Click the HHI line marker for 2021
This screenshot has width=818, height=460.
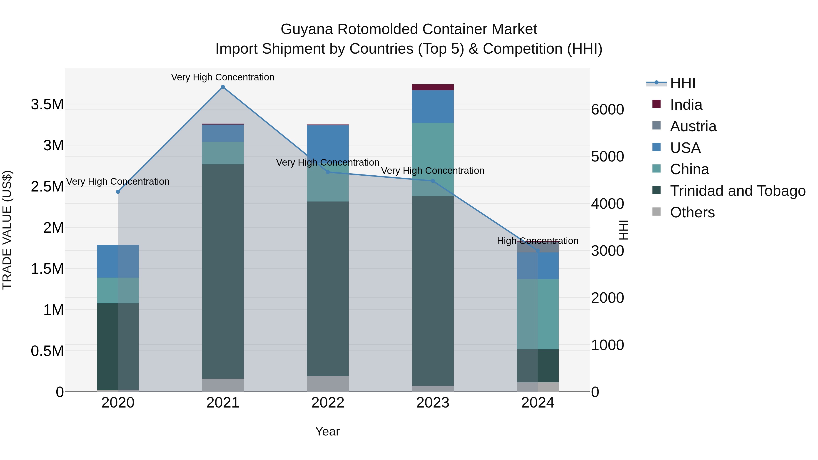223,87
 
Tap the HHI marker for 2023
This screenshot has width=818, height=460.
433,181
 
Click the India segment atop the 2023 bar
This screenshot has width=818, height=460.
433,87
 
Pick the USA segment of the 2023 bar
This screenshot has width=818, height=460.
433,107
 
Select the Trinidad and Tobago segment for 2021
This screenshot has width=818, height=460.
223,271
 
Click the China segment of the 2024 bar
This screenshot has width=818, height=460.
538,314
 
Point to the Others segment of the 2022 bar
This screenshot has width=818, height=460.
328,384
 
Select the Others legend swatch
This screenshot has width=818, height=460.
656,212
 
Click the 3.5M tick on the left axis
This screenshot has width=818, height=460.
47,104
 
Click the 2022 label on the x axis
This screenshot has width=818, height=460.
328,403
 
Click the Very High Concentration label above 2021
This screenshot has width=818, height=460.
223,77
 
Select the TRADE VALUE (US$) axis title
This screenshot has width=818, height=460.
7,230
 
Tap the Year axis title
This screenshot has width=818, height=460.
327,431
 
